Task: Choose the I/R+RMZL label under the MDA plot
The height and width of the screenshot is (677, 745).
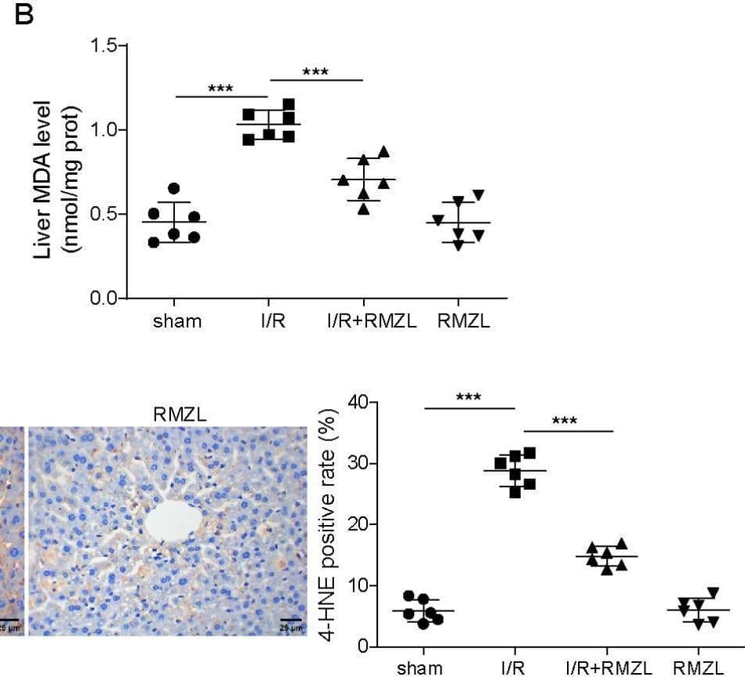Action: point(362,321)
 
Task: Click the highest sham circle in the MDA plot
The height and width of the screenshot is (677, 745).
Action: point(174,188)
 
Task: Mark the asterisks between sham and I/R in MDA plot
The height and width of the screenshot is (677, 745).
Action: point(221,89)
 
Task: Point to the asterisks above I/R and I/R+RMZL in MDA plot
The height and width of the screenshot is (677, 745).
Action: point(315,72)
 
